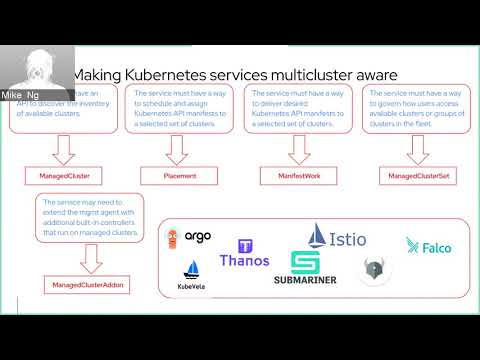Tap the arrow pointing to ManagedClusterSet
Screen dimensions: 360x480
tap(411, 148)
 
